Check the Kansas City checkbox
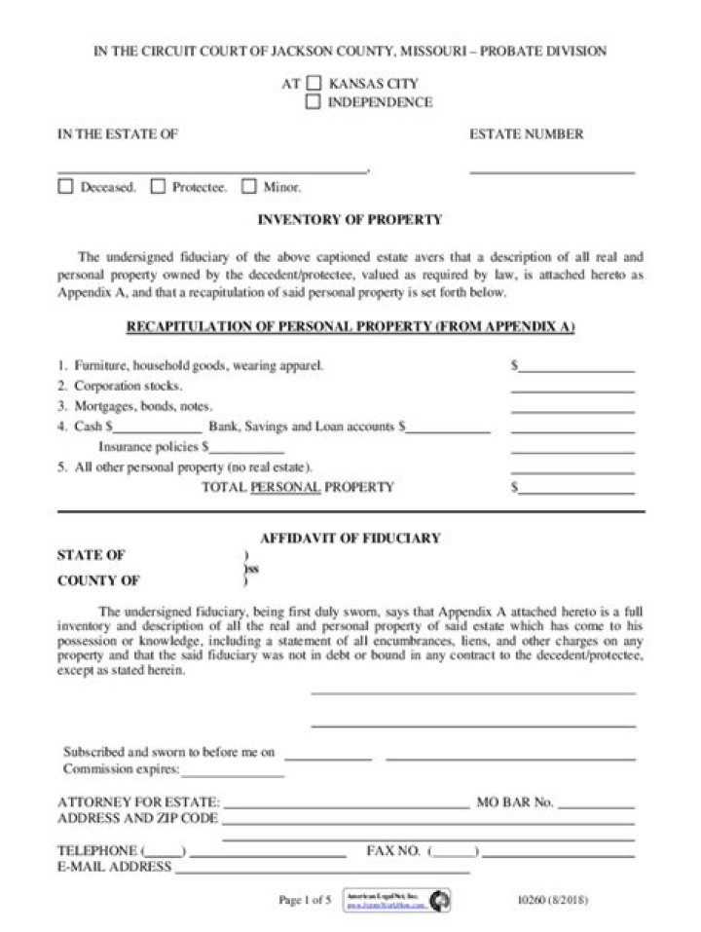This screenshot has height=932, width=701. click(314, 84)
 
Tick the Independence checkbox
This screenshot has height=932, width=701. click(314, 101)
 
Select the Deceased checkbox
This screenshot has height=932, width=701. click(65, 187)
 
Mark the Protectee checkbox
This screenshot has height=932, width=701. click(158, 187)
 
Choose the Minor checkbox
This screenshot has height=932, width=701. click(248, 187)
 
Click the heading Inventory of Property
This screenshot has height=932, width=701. click(350, 220)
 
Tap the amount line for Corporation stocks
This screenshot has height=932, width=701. click(572, 390)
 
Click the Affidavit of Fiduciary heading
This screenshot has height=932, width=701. click(350, 538)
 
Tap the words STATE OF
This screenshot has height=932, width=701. click(91, 555)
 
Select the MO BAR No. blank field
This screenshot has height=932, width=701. click(596, 807)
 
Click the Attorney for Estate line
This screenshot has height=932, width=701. click(346, 807)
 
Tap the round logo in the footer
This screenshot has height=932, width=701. click(440, 901)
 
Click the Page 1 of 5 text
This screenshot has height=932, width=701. click(305, 901)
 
